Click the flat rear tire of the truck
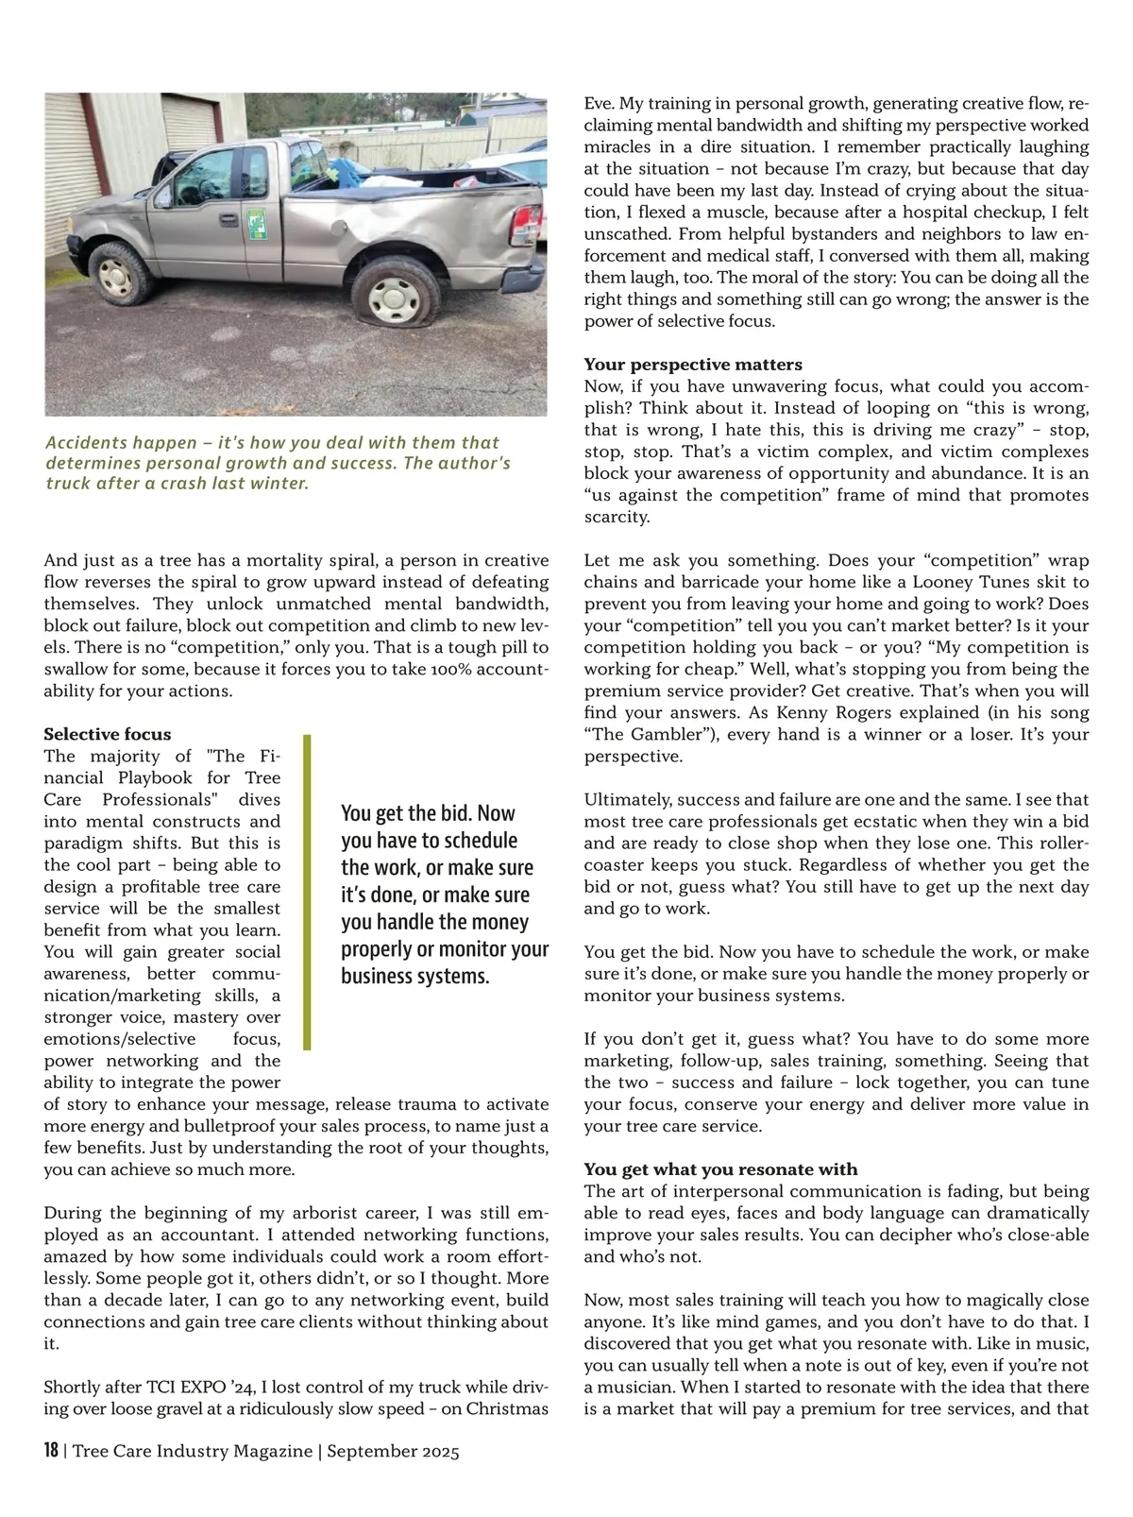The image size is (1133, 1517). pyautogui.click(x=394, y=293)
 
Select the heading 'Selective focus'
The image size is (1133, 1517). pyautogui.click(x=108, y=734)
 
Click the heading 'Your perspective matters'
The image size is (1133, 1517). pyautogui.click(x=693, y=365)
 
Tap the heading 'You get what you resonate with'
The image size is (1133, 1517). pyautogui.click(x=720, y=1169)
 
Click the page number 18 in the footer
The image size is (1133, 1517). pyautogui.click(x=52, y=1451)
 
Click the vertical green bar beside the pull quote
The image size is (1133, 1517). pyautogui.click(x=307, y=893)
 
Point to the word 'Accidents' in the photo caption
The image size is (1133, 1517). pyautogui.click(x=85, y=442)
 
